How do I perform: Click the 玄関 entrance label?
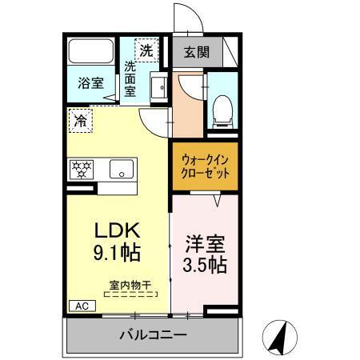click(x=196, y=54)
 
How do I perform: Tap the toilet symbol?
click(x=221, y=109)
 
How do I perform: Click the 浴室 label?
click(x=90, y=82)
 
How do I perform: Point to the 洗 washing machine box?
click(x=146, y=50)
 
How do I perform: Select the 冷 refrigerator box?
click(x=80, y=121)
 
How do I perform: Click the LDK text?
click(x=116, y=230)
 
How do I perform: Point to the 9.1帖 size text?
click(x=116, y=254)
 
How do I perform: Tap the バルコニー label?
click(x=154, y=334)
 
